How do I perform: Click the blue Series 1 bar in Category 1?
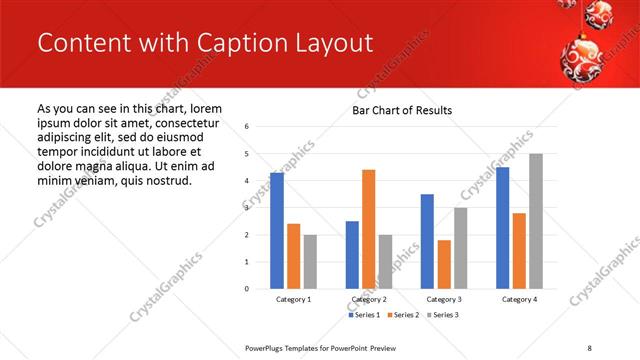tap(277, 231)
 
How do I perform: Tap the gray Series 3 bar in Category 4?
tap(536, 221)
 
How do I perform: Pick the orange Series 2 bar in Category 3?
tap(444, 264)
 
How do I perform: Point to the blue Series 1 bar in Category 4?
tap(502, 228)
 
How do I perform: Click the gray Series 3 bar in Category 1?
tap(310, 262)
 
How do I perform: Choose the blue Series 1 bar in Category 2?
tap(352, 255)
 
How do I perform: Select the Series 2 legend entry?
tap(403, 315)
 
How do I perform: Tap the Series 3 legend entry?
tap(443, 315)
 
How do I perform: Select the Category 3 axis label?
tap(444, 300)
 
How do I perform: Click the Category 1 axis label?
tap(294, 300)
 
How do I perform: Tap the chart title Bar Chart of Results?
tap(402, 110)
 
